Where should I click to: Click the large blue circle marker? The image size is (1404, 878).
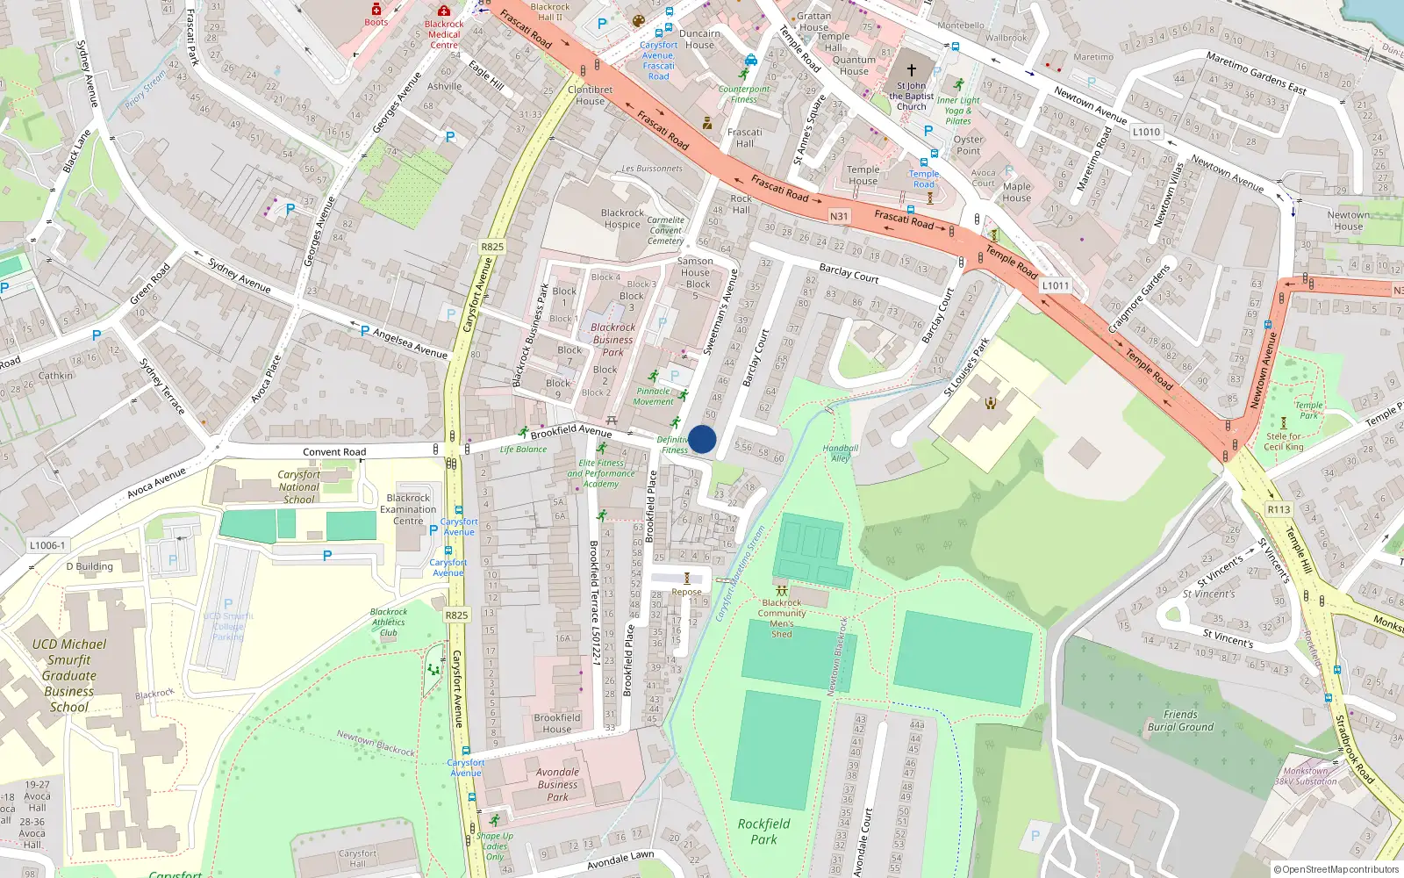702,439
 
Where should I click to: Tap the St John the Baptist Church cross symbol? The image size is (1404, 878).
912,69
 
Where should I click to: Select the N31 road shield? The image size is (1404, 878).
839,216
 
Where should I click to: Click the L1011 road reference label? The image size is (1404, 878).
1056,285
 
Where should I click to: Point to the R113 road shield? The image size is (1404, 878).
1279,509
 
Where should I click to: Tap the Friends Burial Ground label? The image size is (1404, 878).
1180,721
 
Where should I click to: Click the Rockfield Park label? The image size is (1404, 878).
763,831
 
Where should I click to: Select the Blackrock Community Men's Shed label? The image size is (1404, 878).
782,618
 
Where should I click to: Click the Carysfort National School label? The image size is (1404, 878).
299,486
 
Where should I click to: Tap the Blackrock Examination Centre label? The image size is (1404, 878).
408,509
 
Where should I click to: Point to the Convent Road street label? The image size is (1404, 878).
334,452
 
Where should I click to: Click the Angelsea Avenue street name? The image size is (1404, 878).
410,342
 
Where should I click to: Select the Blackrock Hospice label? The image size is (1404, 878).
622,219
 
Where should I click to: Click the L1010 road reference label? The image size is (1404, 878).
1146,132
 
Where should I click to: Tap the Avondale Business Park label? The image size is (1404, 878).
558,784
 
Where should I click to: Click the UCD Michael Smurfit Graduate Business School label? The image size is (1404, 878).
69,675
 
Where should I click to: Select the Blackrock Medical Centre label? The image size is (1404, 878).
444,35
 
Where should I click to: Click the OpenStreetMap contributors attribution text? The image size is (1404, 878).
1336,869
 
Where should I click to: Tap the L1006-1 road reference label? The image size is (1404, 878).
47,545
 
